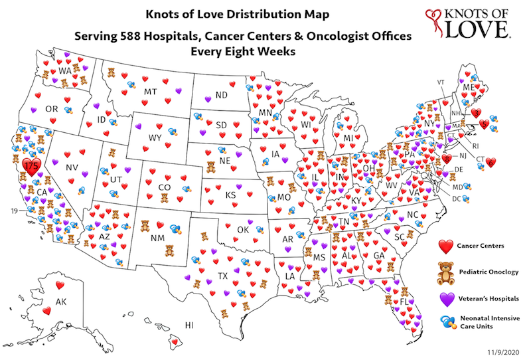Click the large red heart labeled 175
pos(31,165)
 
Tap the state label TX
pos(223,275)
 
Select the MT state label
pos(151,92)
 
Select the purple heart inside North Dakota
pos(208,100)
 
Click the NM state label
pos(157,236)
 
